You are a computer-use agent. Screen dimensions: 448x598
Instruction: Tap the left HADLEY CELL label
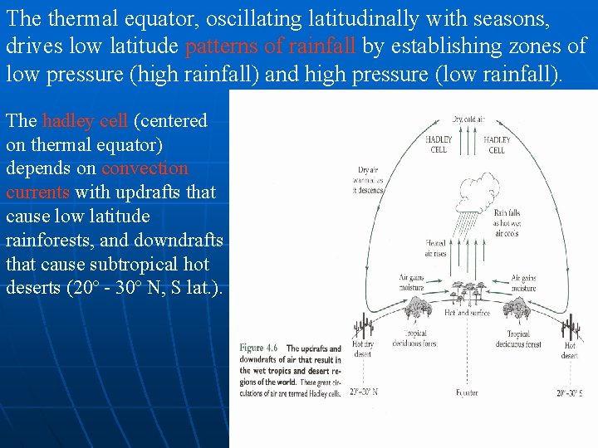(x=439, y=144)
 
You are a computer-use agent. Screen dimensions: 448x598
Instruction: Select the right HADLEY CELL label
(x=497, y=145)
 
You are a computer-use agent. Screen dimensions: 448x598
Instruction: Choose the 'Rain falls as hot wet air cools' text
(x=507, y=223)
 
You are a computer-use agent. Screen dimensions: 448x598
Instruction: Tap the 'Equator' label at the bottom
(x=467, y=392)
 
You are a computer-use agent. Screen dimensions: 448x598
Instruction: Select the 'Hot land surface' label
(x=468, y=313)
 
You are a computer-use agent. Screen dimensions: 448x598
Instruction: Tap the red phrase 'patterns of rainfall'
(x=272, y=46)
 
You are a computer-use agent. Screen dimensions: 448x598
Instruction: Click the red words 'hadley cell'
(x=85, y=121)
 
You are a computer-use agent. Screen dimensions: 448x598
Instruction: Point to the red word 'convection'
(x=145, y=168)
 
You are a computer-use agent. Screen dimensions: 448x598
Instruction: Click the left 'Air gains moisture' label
(x=411, y=283)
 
